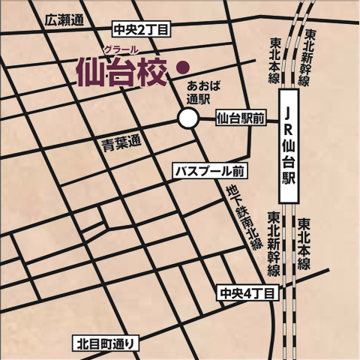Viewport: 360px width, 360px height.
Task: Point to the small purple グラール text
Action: pyautogui.click(x=120, y=49)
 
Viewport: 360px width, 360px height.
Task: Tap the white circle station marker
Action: pyautogui.click(x=187, y=118)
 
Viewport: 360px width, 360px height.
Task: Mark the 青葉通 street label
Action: pyautogui.click(x=122, y=143)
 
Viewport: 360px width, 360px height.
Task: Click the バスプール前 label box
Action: pyautogui.click(x=211, y=170)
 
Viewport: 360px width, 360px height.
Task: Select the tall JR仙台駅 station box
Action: pyautogui.click(x=289, y=147)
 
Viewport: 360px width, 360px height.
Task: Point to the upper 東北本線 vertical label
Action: pyautogui.click(x=276, y=59)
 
